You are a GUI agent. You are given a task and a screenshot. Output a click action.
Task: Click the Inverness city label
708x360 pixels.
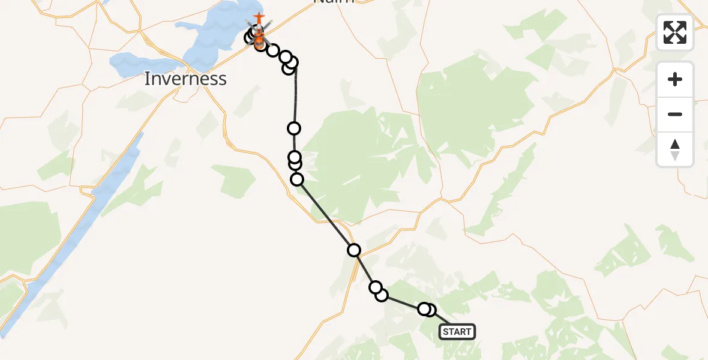[x=185, y=79]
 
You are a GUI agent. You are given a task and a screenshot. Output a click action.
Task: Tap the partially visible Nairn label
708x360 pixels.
[x=334, y=2]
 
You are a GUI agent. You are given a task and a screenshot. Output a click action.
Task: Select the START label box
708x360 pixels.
[x=457, y=332]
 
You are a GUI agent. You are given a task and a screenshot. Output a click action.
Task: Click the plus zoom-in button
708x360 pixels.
[x=675, y=79]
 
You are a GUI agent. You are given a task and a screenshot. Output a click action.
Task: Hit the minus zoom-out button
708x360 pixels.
[x=675, y=114]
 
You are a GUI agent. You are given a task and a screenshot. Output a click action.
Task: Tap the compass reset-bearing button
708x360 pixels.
[x=675, y=149]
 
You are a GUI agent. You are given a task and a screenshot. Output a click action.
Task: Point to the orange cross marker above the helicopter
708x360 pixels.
[x=259, y=18]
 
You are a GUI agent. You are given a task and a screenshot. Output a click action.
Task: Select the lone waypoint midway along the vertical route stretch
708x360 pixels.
[x=294, y=128]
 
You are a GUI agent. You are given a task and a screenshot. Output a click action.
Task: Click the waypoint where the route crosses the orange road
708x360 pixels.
[x=354, y=250]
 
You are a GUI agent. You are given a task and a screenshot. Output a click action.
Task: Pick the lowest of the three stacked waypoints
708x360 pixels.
[x=297, y=179]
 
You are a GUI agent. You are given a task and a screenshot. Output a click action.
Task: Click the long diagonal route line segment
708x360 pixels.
[x=325, y=214]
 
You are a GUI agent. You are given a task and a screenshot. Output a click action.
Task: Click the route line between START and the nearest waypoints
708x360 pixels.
[x=441, y=319]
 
